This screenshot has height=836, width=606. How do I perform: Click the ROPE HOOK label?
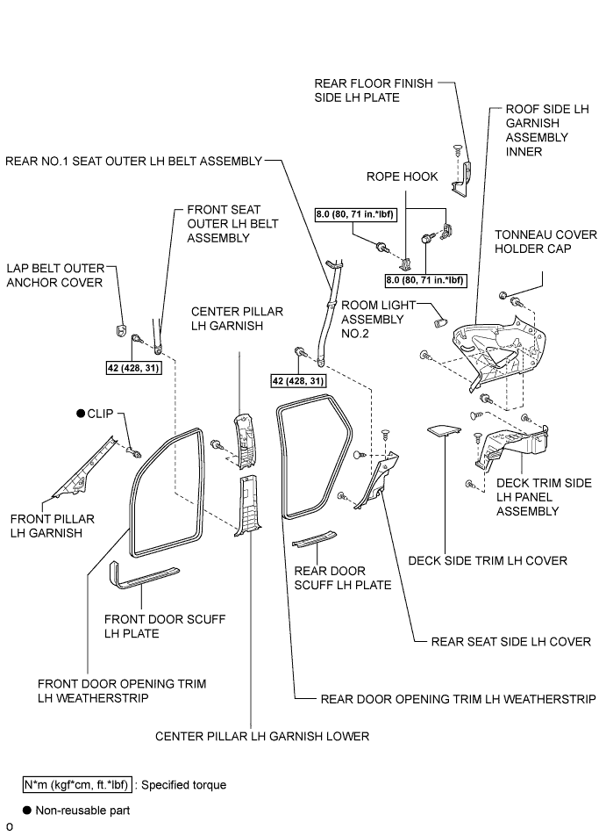pos(402,177)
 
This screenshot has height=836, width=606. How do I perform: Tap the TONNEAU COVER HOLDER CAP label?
pos(545,241)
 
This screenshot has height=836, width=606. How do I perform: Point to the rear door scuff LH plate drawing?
pos(314,539)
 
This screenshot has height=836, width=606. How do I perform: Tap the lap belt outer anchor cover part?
pos(121,330)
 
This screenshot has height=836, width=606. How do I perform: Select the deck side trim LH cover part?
pos(444,430)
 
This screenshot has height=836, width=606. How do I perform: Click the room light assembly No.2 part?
pos(441,321)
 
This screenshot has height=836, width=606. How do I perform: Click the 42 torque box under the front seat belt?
pos(133,368)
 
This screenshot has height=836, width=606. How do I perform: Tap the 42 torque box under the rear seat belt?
pos(298,381)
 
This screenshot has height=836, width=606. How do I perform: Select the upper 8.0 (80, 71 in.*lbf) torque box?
pos(354,214)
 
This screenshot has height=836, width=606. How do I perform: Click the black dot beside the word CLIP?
pos(81,414)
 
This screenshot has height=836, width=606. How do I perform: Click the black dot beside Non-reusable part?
pos(27,811)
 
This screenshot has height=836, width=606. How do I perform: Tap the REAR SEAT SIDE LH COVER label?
pos(510,641)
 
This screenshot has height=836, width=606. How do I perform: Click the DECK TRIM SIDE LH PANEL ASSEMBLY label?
pos(544,497)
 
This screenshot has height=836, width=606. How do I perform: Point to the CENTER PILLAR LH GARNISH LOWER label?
pos(262,736)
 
